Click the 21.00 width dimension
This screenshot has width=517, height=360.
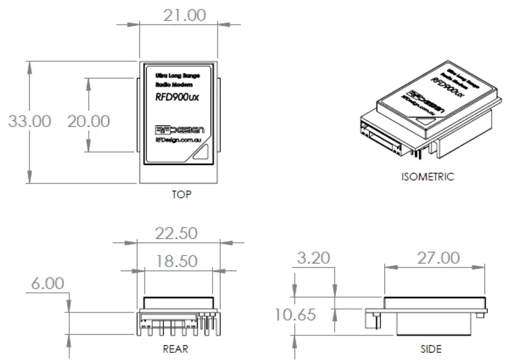point(184,15)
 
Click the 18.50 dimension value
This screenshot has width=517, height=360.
point(176,260)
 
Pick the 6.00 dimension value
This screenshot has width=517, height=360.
point(47,284)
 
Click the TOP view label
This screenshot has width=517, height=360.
point(181,195)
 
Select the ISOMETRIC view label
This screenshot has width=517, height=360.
point(427,177)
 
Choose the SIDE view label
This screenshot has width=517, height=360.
point(431,349)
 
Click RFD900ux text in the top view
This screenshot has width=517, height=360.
point(177,96)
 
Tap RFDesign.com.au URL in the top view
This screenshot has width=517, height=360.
point(178,140)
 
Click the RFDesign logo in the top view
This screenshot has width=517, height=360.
point(180,129)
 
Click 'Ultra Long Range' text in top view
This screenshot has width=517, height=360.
point(177,75)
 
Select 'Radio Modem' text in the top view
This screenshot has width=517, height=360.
point(174,85)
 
